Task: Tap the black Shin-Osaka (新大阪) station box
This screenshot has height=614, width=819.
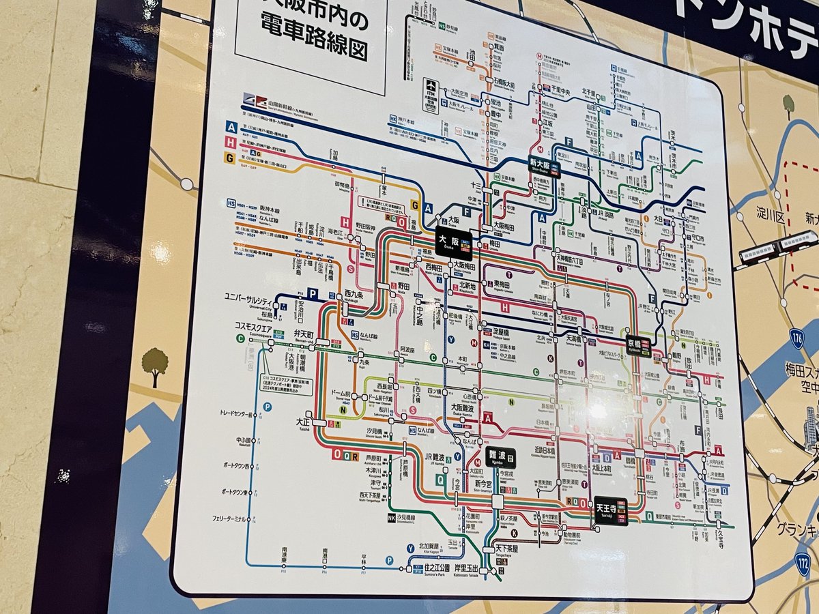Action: (x=544, y=166)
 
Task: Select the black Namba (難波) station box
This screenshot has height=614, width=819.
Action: (x=501, y=457)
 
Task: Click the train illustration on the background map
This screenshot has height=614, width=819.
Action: (x=777, y=247)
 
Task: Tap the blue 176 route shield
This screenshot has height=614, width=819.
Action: (x=796, y=338)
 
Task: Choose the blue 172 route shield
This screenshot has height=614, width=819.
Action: (x=803, y=563)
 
